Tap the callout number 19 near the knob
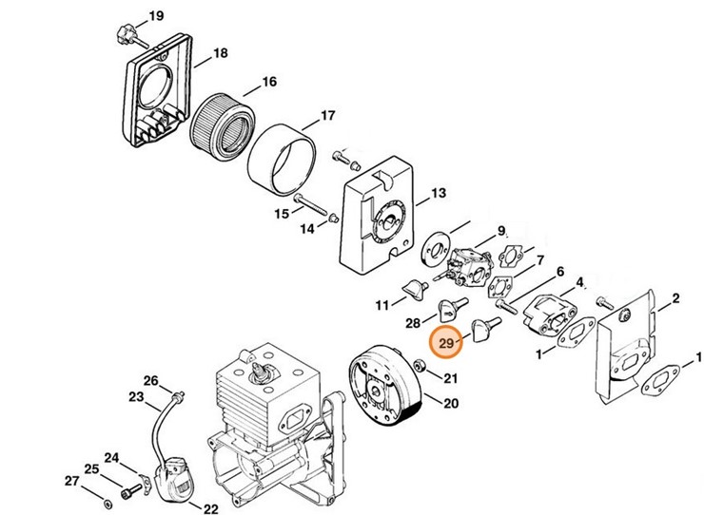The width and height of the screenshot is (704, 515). [155, 16]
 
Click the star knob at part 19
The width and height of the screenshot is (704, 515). [120, 36]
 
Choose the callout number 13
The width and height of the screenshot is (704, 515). [438, 194]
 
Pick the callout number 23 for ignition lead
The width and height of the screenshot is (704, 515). [136, 397]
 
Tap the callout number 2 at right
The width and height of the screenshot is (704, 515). [675, 300]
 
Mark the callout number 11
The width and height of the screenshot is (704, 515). [382, 305]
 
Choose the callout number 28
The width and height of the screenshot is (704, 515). [414, 323]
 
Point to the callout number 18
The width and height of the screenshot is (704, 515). [220, 53]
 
